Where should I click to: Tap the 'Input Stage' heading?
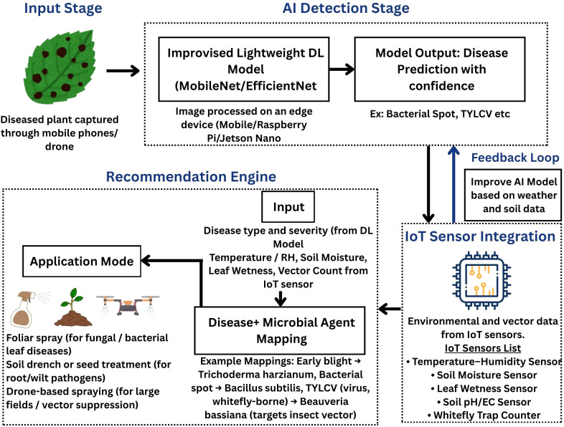[63, 9]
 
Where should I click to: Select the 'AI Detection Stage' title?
[346, 9]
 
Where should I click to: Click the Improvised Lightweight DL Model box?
[244, 69]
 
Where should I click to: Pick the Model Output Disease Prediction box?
[440, 69]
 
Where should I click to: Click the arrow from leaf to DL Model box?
[123, 70]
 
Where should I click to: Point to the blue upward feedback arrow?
[454, 184]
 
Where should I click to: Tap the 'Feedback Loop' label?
[515, 158]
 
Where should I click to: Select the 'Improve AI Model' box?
[513, 195]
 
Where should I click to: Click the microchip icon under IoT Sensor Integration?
[481, 280]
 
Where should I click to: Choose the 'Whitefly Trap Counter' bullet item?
[484, 415]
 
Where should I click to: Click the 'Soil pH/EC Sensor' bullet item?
[484, 402]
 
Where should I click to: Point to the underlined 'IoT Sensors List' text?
[483, 348]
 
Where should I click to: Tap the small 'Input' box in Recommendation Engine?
[288, 207]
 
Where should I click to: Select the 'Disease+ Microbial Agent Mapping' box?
[280, 330]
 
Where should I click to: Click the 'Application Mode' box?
[82, 261]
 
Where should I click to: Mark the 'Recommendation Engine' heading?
[191, 177]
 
